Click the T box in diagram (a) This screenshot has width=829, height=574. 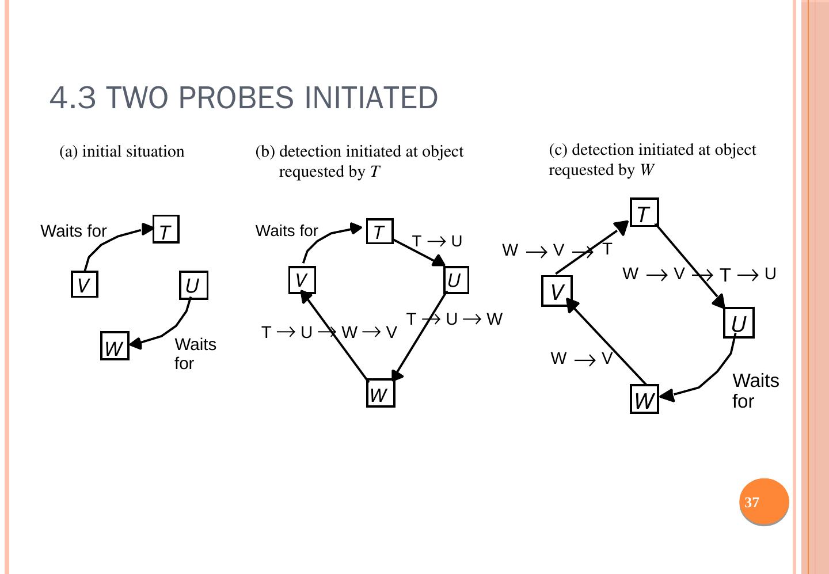[166, 230]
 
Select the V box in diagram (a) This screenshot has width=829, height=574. [84, 284]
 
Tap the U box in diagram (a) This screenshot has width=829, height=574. [193, 285]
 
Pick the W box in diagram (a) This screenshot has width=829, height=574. [115, 346]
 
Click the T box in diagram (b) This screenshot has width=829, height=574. [379, 231]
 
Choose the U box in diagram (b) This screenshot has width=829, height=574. [455, 280]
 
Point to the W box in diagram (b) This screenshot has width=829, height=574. [380, 394]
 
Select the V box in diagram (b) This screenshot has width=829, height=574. [302, 280]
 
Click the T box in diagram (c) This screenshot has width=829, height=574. [644, 213]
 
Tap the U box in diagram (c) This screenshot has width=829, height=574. [739, 323]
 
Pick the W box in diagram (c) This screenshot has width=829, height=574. [644, 400]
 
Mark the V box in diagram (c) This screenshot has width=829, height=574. [557, 291]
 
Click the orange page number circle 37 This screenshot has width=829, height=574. [764, 502]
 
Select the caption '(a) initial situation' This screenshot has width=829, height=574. [122, 151]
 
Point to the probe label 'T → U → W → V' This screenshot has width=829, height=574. [329, 333]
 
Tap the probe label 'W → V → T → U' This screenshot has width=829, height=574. [699, 274]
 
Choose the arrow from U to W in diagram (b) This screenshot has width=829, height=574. [420, 337]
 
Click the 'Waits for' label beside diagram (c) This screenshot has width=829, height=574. [755, 390]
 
